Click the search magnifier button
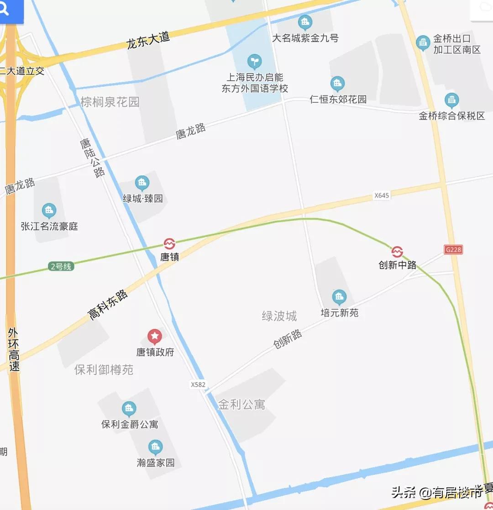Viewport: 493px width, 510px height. click(x=5, y=10)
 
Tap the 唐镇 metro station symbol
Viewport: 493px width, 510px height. click(x=169, y=244)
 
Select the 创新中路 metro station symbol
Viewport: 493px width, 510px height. click(x=397, y=252)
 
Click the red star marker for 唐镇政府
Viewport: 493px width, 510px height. click(x=155, y=337)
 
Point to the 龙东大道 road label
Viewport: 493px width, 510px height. click(x=148, y=40)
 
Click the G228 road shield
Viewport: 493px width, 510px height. click(x=453, y=249)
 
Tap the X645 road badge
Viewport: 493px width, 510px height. click(x=382, y=195)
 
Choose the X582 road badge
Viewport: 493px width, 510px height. click(x=198, y=384)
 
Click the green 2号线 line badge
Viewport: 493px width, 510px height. click(x=61, y=266)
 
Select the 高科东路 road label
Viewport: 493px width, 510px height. click(x=108, y=305)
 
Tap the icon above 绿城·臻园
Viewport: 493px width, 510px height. click(x=142, y=184)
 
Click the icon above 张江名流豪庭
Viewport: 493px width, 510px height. click(x=49, y=211)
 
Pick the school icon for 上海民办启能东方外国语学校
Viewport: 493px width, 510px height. click(x=255, y=61)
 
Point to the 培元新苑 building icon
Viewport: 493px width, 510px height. click(x=339, y=297)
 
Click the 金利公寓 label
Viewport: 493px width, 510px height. click(x=241, y=405)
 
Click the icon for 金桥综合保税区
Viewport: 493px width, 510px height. click(x=451, y=100)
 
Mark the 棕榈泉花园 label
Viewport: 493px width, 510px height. click(x=110, y=101)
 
